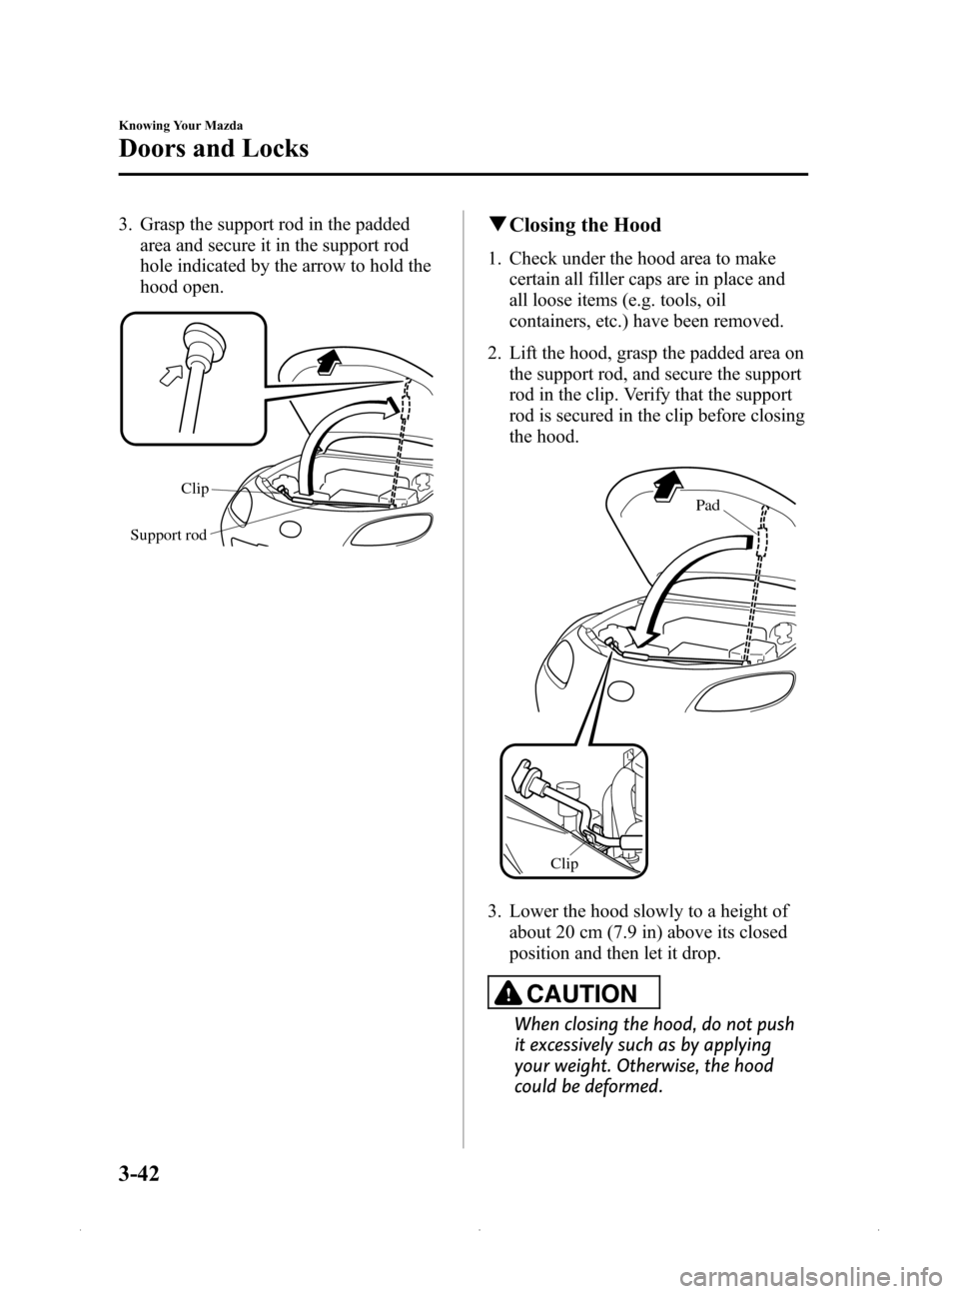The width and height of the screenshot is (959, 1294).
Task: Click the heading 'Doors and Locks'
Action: pos(214,149)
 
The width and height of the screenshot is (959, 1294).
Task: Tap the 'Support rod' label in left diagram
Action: pos(168,536)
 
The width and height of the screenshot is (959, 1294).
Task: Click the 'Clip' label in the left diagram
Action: pos(195,489)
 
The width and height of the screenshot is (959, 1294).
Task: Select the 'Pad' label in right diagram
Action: pos(707,506)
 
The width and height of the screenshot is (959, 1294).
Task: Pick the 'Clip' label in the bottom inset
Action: pos(563,863)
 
